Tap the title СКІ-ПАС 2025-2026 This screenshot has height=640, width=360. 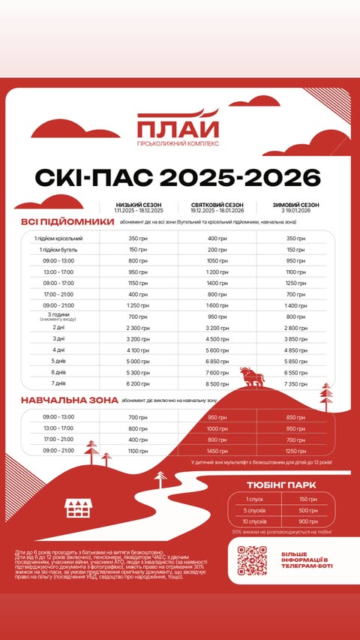click(x=178, y=177)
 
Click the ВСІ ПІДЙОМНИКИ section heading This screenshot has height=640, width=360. click(x=67, y=223)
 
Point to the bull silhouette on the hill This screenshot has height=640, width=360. click(x=247, y=374)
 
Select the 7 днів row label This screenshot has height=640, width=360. click(x=58, y=383)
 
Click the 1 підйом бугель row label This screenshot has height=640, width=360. click(x=58, y=249)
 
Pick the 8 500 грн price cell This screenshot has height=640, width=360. click(x=217, y=383)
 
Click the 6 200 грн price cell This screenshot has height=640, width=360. click(x=138, y=383)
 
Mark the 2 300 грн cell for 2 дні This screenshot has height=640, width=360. click(x=138, y=328)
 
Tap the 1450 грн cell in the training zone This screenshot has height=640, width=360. click(x=217, y=451)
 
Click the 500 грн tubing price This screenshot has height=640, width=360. click(x=307, y=509)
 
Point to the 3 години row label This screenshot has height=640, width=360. click(x=58, y=316)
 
